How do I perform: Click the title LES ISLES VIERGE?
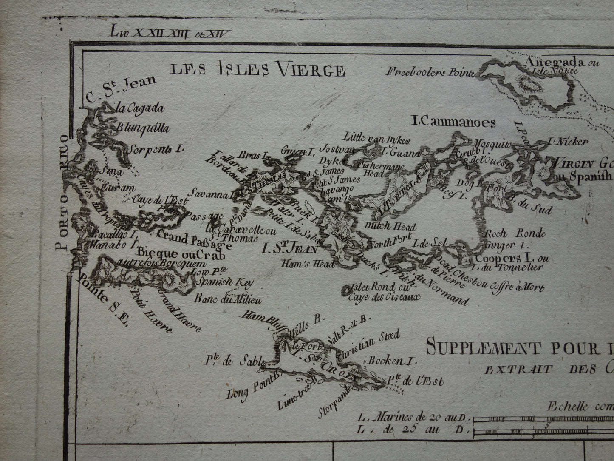point(258,69)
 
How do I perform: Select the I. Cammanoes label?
point(454,123)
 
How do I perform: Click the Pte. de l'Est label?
point(416,381)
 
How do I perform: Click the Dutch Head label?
point(390,228)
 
